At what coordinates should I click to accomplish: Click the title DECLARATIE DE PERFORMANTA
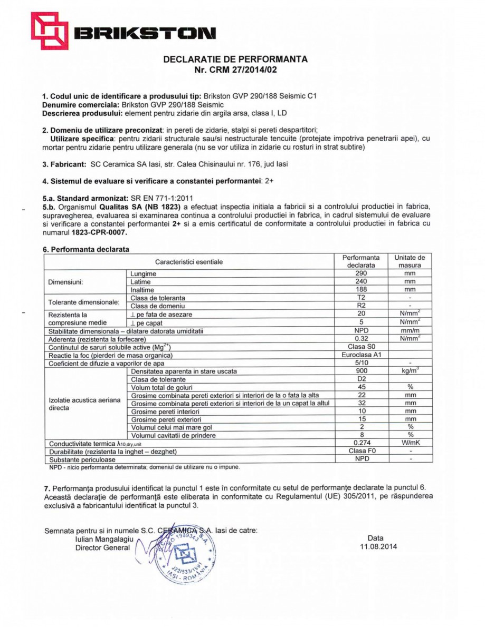click(x=235, y=59)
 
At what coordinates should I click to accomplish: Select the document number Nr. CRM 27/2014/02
click(x=235, y=69)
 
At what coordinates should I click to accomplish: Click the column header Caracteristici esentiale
click(x=189, y=262)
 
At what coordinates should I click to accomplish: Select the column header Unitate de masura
click(x=410, y=262)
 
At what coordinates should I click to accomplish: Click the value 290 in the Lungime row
click(x=361, y=273)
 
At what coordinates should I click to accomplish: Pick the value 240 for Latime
click(x=361, y=281)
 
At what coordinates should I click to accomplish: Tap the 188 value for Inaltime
click(x=361, y=289)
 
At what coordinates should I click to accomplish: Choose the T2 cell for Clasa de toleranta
click(x=361, y=298)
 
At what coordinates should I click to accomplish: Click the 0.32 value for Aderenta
click(x=361, y=338)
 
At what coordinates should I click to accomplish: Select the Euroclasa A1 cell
click(x=361, y=355)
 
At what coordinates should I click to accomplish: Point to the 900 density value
click(x=361, y=371)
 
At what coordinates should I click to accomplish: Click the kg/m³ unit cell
click(x=410, y=371)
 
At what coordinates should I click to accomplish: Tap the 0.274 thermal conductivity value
click(x=361, y=443)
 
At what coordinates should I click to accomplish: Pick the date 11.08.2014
click(x=375, y=547)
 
